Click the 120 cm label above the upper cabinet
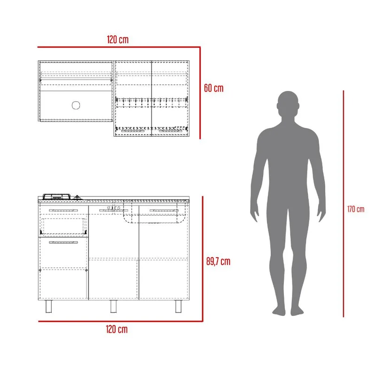pyautogui.click(x=117, y=39)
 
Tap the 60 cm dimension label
pyautogui.click(x=214, y=88)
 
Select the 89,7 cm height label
pyautogui.click(x=218, y=261)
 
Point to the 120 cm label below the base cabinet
pyautogui.click(x=117, y=329)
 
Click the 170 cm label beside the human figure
pyautogui.click(x=356, y=209)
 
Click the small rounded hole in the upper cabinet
pyautogui.click(x=76, y=105)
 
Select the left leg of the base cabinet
pyautogui.click(x=49, y=306)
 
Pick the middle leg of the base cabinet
pyautogui.click(x=113, y=306)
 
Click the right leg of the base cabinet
pyautogui.click(x=179, y=306)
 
